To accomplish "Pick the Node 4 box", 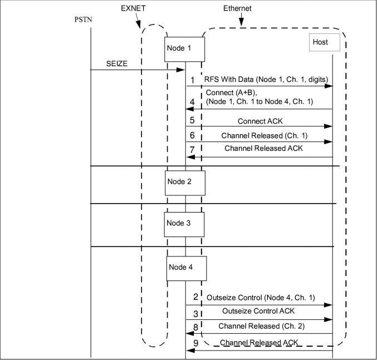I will click(187, 268).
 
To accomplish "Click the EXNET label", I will click(134, 9).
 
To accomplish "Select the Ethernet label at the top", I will click(238, 9).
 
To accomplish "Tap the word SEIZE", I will click(117, 65).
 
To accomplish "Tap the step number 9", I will click(195, 344).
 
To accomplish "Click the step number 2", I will click(195, 297).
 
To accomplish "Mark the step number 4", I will click(192, 102).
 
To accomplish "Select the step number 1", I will click(193, 81).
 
